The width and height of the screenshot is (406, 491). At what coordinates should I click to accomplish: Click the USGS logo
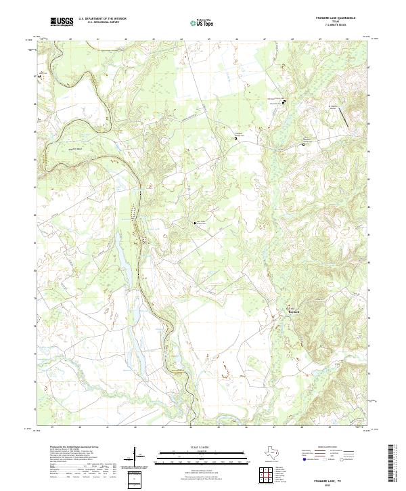(x=62, y=22)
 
